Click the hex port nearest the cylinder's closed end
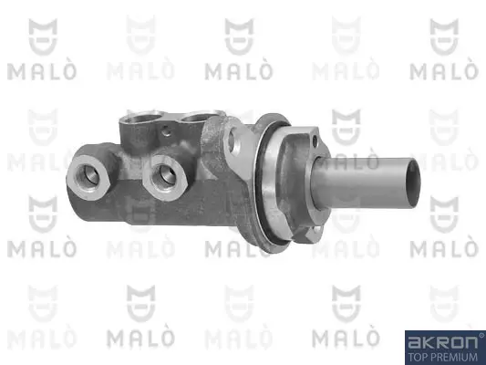point(88,177)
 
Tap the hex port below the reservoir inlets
point(164,178)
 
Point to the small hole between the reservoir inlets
point(167,132)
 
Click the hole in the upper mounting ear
point(233,141)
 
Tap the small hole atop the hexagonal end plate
point(315,141)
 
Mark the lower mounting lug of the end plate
point(313,233)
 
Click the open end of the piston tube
point(413,183)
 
